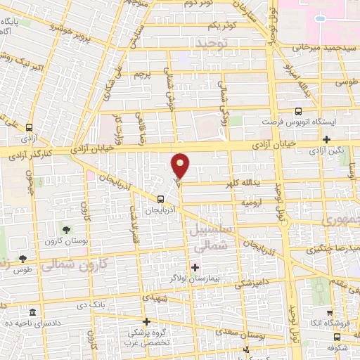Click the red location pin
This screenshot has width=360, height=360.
coord(181,165)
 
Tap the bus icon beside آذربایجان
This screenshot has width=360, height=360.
coord(162,199)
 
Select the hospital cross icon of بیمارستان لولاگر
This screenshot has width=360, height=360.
coord(195,266)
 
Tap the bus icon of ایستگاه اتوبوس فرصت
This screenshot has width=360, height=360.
coord(299,111)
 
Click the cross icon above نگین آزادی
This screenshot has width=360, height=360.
coord(327,139)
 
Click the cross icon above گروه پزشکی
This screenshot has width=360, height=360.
coord(146,322)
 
